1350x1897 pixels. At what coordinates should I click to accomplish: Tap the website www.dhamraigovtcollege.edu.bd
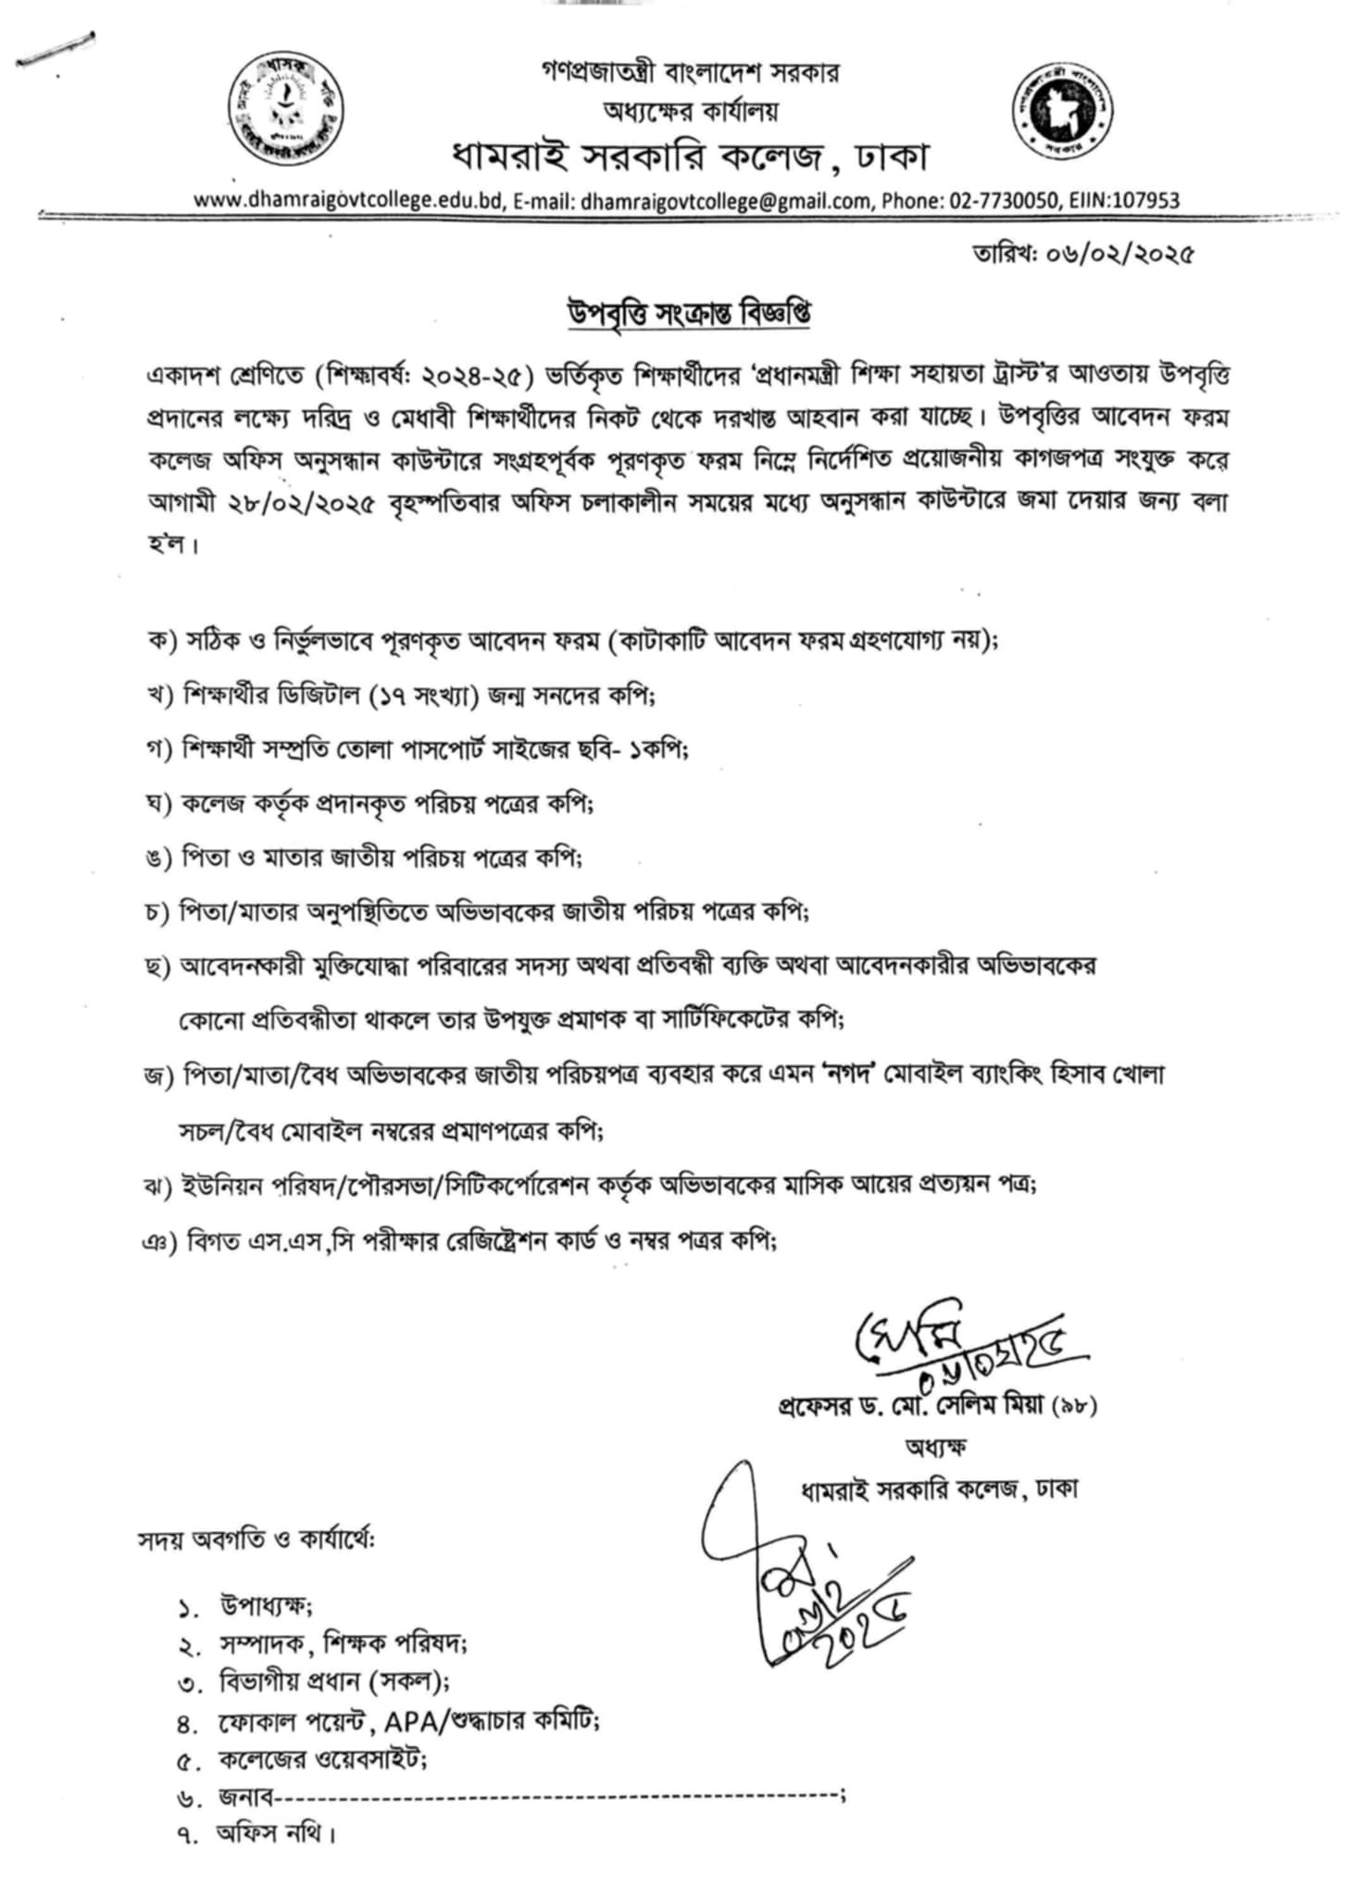click(347, 201)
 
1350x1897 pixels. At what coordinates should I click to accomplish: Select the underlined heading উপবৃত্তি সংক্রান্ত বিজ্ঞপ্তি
click(690, 314)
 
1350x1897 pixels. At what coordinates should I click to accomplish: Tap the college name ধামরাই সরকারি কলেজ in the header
click(638, 157)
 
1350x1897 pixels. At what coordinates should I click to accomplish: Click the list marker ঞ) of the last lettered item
click(158, 1239)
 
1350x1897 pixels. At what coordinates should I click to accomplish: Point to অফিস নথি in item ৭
click(275, 1833)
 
